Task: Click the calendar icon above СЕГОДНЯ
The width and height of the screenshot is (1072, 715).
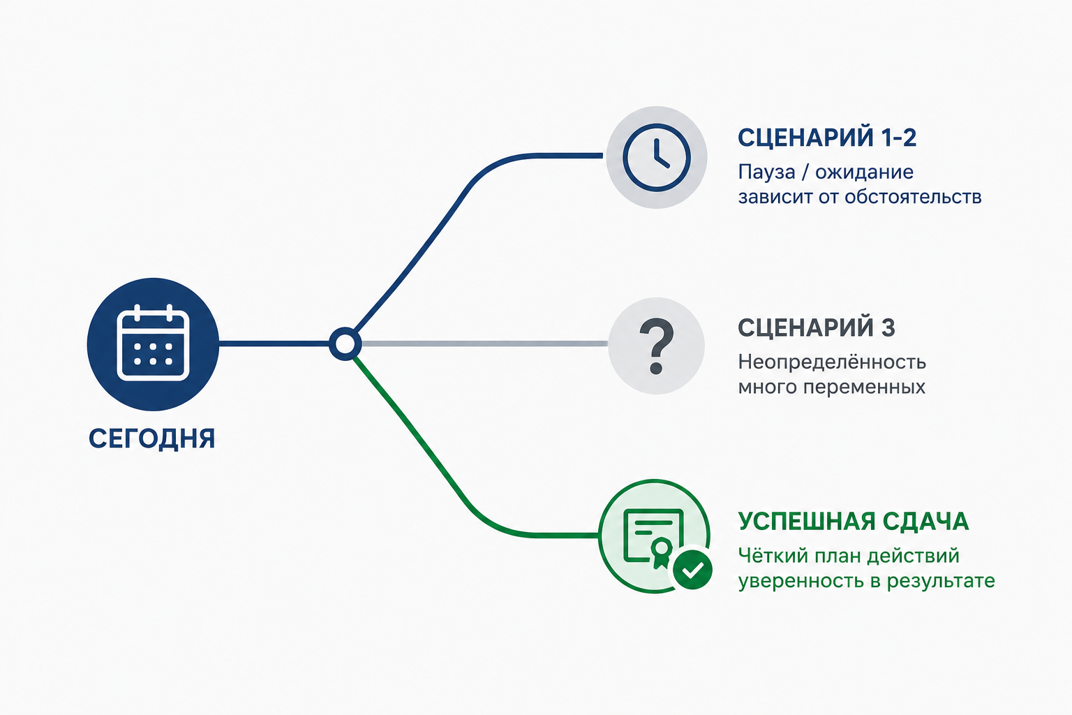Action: [153, 343]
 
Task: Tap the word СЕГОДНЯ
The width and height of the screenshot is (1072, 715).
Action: [151, 438]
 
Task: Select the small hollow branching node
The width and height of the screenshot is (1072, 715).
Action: [345, 344]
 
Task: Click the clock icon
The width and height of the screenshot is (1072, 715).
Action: [657, 158]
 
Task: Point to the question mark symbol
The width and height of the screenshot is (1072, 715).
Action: [657, 346]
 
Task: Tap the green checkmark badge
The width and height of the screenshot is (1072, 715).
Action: [692, 569]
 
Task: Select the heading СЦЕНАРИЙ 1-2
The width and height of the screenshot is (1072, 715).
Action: [827, 138]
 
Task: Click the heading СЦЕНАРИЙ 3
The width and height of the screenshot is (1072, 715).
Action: [817, 327]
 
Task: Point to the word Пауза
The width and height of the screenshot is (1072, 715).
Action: [767, 172]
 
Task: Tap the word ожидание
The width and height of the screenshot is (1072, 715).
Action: [864, 172]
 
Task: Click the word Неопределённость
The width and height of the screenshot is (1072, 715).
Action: [832, 362]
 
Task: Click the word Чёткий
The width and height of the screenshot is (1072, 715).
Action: [773, 556]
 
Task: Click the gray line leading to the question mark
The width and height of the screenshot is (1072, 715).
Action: [484, 344]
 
